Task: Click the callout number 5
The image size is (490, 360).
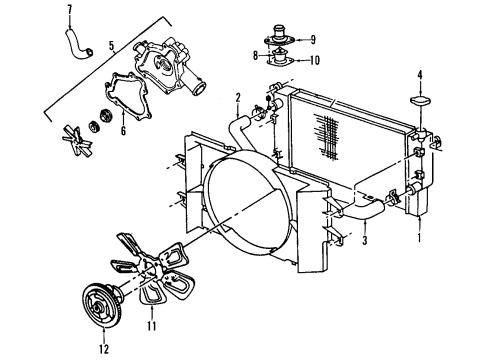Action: [x=112, y=44]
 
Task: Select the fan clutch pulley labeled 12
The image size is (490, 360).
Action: [x=103, y=303]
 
